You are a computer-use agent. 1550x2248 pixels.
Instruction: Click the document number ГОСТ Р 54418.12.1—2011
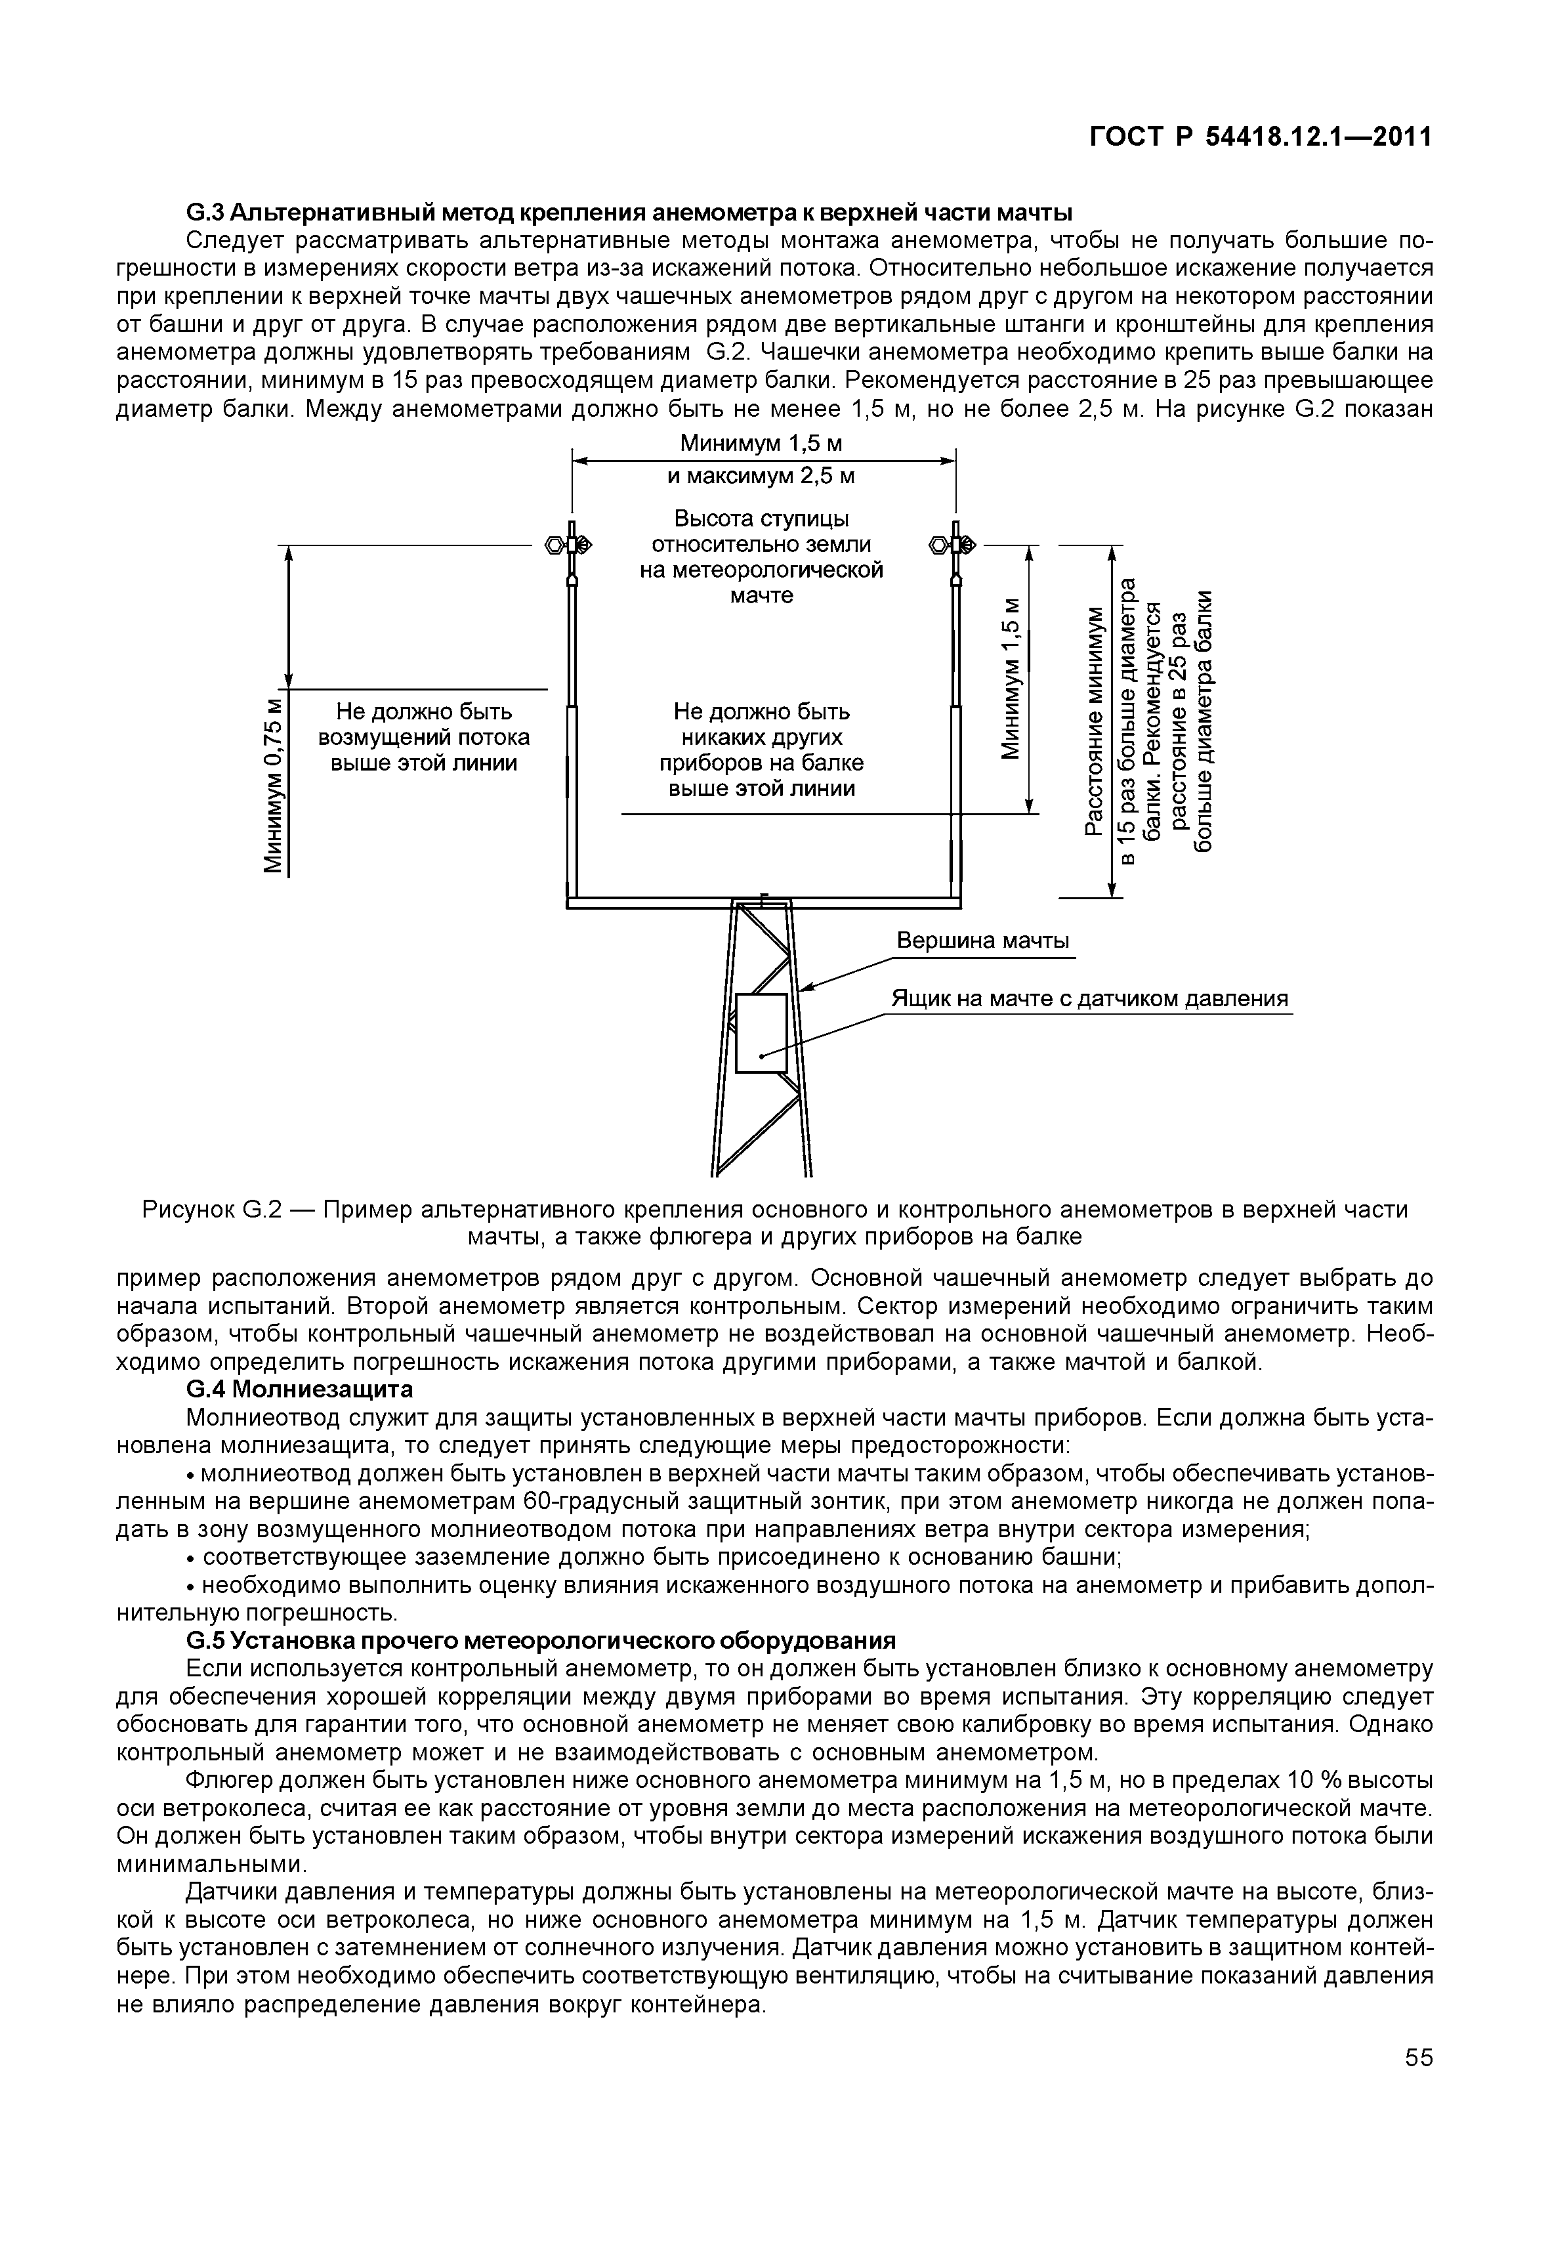pyautogui.click(x=1259, y=137)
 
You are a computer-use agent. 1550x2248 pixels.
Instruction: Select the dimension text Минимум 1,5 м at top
pyautogui.click(x=761, y=444)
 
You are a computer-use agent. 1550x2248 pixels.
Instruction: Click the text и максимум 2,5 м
pyautogui.click(x=761, y=476)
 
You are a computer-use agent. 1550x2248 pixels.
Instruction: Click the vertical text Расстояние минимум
pyautogui.click(x=1095, y=719)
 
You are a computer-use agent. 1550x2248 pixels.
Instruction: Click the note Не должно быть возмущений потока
pyautogui.click(x=423, y=737)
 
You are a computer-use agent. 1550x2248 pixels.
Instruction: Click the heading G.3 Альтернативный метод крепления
pyautogui.click(x=629, y=212)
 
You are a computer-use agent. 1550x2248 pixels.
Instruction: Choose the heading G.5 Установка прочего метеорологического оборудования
pyautogui.click(x=540, y=1641)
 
